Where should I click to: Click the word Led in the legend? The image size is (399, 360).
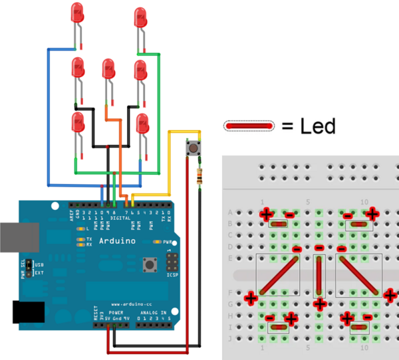click(317, 125)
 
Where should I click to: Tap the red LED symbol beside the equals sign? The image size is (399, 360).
click(249, 126)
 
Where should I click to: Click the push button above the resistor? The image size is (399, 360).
click(195, 148)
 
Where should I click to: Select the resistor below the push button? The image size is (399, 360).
click(200, 176)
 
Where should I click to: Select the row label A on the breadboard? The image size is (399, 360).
click(230, 212)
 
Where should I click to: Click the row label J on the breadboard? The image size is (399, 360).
click(230, 338)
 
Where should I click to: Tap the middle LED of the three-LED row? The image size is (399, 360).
click(108, 70)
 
